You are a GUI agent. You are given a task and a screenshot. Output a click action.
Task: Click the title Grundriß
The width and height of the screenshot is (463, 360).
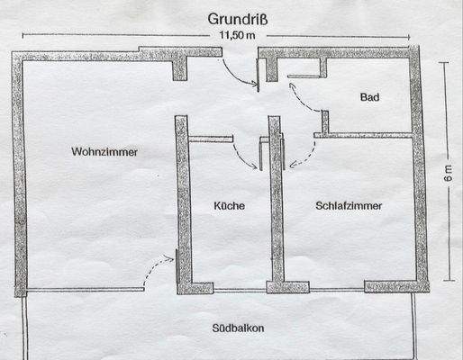click(x=231, y=18)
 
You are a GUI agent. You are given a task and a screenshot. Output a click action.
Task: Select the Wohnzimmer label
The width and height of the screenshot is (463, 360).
click(x=104, y=152)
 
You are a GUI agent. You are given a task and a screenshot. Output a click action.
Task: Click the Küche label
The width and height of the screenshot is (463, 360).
click(x=229, y=206)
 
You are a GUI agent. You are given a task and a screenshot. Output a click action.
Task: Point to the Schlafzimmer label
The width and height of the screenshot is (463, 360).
click(x=349, y=206)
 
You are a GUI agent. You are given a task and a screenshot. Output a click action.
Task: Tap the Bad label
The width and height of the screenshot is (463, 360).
click(x=369, y=97)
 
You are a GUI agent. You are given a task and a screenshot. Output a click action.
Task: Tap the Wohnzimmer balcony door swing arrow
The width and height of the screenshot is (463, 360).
click(x=159, y=264)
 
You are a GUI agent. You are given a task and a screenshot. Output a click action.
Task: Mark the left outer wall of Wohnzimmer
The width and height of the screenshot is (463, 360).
click(x=20, y=171)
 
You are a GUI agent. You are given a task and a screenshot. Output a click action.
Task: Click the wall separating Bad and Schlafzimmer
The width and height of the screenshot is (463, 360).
click(x=369, y=135)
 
